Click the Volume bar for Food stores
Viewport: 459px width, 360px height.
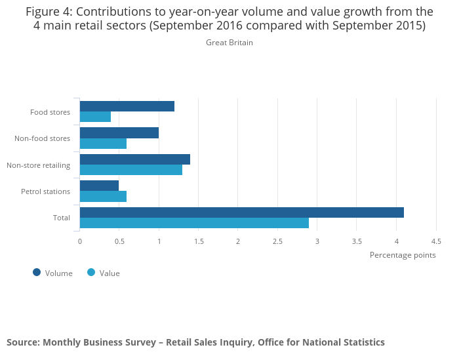click(x=127, y=106)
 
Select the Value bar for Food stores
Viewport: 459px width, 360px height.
click(x=95, y=117)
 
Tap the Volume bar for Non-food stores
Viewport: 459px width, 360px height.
click(x=119, y=132)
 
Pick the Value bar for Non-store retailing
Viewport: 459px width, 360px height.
click(x=131, y=170)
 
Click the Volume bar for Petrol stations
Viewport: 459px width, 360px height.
click(x=99, y=186)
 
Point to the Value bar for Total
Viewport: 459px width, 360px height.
click(x=194, y=223)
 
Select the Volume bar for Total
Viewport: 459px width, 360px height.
click(x=241, y=212)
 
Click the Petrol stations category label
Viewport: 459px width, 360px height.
click(x=45, y=191)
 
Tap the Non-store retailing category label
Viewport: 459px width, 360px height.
click(x=38, y=165)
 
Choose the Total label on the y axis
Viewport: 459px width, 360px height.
click(x=61, y=218)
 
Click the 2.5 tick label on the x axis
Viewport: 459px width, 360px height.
click(x=277, y=241)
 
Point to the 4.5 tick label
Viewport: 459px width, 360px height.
click(x=436, y=241)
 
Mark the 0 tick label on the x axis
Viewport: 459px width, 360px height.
click(x=80, y=241)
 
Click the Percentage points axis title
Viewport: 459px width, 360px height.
click(x=403, y=255)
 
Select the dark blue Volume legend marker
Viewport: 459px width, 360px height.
click(x=37, y=273)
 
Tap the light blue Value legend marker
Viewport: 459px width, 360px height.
click(x=91, y=273)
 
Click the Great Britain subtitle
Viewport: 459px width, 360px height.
click(x=229, y=43)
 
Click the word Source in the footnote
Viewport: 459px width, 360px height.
click(x=22, y=342)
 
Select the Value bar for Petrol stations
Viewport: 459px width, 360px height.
click(x=103, y=196)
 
